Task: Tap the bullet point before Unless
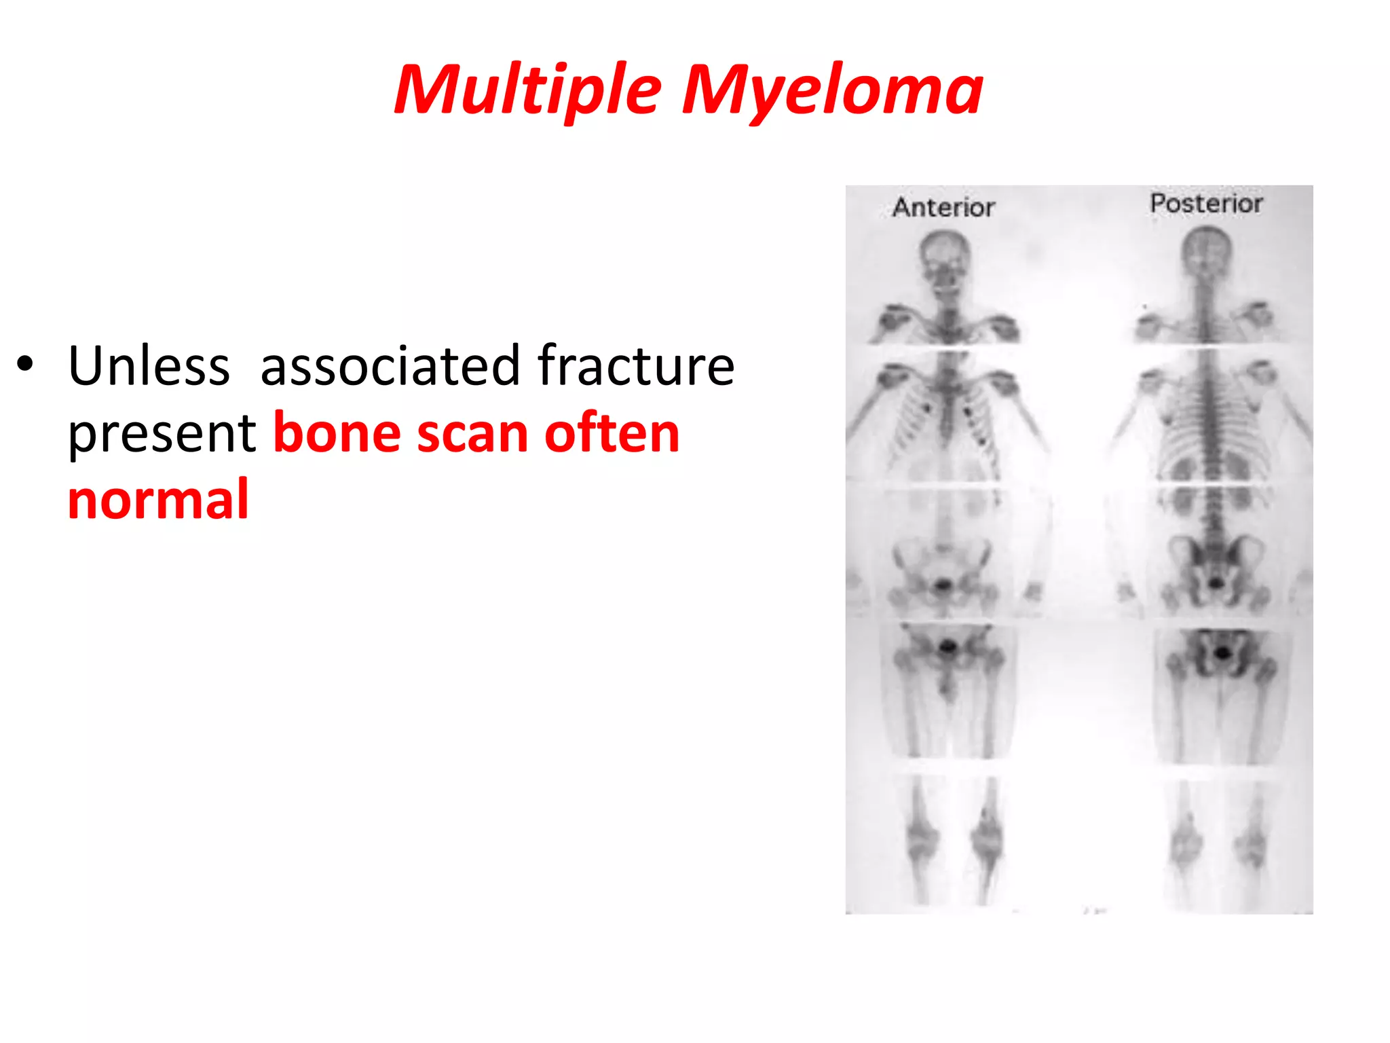[25, 364]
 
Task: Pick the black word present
[162, 435]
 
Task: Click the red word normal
[158, 500]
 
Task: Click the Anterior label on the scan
[943, 207]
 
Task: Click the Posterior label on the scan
[1206, 203]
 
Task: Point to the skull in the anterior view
[944, 258]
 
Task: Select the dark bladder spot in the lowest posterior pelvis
[1222, 653]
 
